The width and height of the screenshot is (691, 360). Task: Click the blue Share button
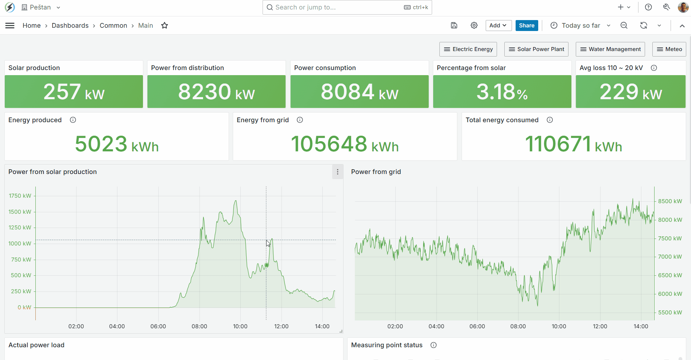pos(527,26)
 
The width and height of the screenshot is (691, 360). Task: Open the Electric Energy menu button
pos(468,49)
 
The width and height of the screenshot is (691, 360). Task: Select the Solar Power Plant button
pos(536,49)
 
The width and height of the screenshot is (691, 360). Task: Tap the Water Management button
pos(610,49)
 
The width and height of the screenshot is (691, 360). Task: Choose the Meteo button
pos(669,49)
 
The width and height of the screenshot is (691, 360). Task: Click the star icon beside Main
pos(164,26)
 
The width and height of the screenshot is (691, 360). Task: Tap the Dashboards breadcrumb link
pos(70,26)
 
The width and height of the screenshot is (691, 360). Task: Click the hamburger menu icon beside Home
pos(10,26)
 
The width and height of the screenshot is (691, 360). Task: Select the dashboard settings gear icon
pos(474,26)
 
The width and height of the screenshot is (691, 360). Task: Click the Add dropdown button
pos(498,26)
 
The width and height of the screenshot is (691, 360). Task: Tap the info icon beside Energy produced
pos(73,120)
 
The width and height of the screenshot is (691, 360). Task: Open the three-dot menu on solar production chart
pos(338,172)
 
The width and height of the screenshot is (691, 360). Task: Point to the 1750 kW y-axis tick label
pos(20,196)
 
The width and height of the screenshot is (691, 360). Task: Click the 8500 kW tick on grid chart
pos(670,201)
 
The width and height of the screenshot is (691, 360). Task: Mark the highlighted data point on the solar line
pos(267,265)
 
